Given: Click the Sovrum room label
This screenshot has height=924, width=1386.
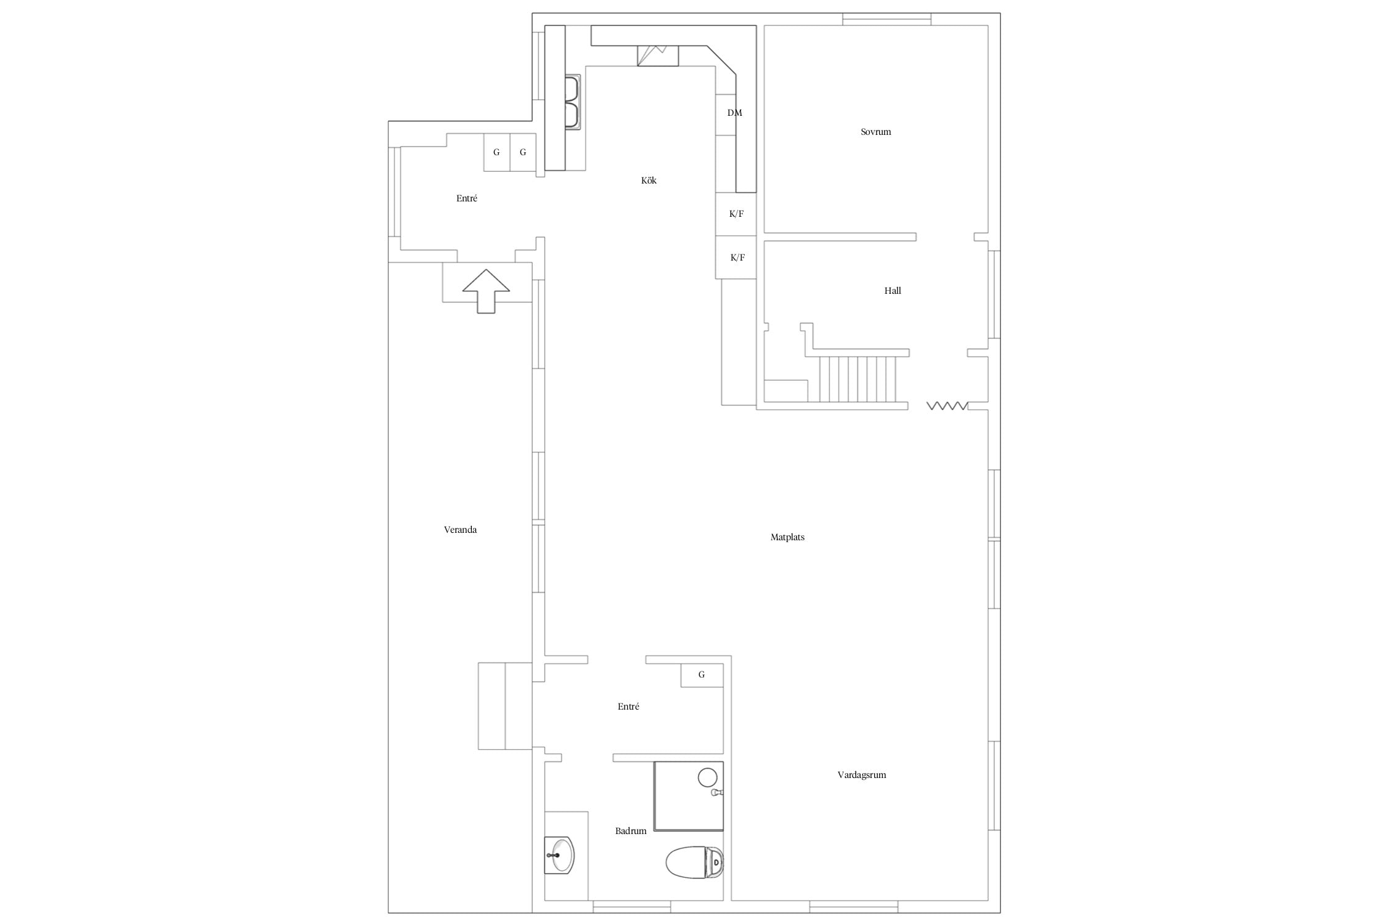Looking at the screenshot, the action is (x=875, y=132).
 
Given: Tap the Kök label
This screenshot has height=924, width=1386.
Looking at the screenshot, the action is (x=649, y=180).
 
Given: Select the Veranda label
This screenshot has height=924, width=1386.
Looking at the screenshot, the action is (x=460, y=530).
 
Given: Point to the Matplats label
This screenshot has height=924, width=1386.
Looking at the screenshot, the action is (x=787, y=537).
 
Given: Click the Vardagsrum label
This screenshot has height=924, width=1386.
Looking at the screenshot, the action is (x=862, y=775).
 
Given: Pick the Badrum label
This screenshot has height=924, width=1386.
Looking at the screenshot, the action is (x=631, y=831).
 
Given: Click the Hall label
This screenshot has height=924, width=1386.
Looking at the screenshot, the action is (x=893, y=291).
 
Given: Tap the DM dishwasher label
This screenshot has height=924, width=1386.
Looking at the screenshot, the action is (x=735, y=113).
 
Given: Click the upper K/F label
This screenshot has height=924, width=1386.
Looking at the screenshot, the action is (x=736, y=214).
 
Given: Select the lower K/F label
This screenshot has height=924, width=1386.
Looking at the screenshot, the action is (x=737, y=257).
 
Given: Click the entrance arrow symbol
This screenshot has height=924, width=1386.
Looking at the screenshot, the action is (x=486, y=291).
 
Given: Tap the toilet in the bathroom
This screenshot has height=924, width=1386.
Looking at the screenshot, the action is (x=694, y=862).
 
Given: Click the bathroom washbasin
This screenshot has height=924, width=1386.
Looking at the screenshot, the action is (x=561, y=855).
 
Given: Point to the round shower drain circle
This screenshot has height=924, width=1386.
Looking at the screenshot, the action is (x=708, y=777).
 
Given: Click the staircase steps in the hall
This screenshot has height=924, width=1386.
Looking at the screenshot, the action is (x=857, y=379).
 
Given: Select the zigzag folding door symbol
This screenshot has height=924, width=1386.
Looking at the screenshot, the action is (x=947, y=406).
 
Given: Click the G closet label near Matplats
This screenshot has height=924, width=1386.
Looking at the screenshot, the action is (x=702, y=675).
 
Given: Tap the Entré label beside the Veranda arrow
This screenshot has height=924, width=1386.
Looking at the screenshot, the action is (x=467, y=198).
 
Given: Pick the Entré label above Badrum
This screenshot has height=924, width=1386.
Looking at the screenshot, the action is (x=628, y=707).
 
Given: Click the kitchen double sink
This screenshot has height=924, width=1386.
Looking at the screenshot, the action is (x=573, y=102).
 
